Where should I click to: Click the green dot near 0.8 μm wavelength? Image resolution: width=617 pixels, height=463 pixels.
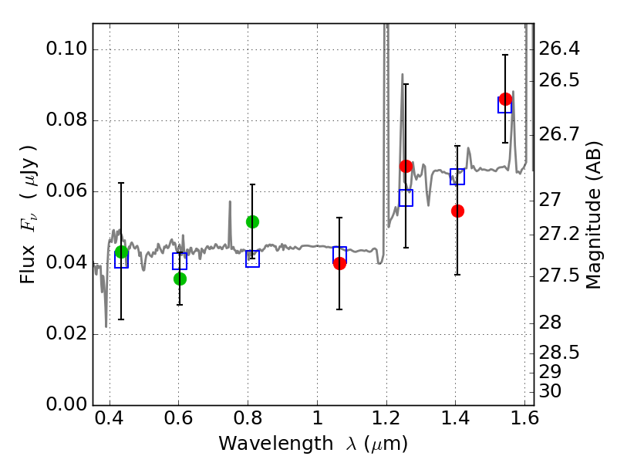tap(253, 222)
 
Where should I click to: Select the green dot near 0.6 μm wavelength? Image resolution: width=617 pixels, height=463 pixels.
tap(180, 279)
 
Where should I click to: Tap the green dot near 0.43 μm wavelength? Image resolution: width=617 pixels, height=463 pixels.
tap(122, 252)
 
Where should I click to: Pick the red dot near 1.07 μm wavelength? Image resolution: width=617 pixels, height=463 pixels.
tap(339, 264)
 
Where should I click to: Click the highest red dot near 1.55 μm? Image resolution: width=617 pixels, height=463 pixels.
tap(505, 100)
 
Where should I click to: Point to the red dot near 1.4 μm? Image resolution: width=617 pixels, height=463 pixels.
tap(457, 211)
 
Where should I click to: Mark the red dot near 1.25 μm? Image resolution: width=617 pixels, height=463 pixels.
tap(406, 167)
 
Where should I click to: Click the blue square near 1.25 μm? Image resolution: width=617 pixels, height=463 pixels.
tap(406, 198)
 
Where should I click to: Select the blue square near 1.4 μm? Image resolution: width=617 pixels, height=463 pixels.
tap(457, 177)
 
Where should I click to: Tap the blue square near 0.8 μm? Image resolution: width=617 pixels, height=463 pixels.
tap(253, 259)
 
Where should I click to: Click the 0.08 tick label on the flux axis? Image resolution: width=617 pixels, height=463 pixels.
tap(66, 120)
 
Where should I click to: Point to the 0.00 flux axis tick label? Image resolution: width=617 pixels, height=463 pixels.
tap(66, 404)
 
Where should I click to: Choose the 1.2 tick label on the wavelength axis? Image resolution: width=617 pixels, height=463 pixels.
tap(386, 418)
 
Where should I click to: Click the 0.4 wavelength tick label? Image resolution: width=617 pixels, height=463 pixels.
tap(110, 418)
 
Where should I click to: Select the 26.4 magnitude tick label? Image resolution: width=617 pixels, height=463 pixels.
tap(558, 49)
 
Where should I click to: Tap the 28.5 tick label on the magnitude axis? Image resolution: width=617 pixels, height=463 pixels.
tap(558, 353)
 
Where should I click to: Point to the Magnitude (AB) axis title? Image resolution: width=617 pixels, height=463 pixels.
tap(593, 215)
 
